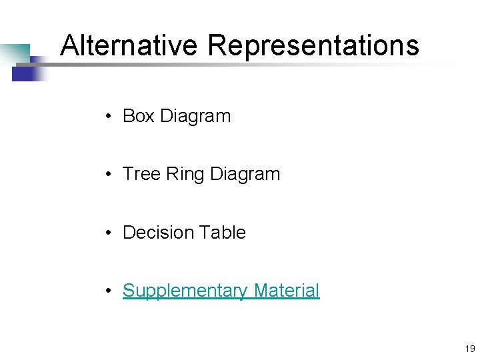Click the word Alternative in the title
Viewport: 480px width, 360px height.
point(129,45)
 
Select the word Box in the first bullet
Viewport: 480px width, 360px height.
point(139,116)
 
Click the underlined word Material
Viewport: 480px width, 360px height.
point(287,291)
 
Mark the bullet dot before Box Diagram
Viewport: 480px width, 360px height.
point(107,117)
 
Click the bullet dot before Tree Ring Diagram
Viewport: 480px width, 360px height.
point(107,175)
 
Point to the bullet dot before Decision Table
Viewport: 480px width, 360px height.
point(107,233)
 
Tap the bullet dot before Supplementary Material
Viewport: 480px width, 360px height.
point(107,291)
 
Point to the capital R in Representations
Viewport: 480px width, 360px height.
point(217,45)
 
